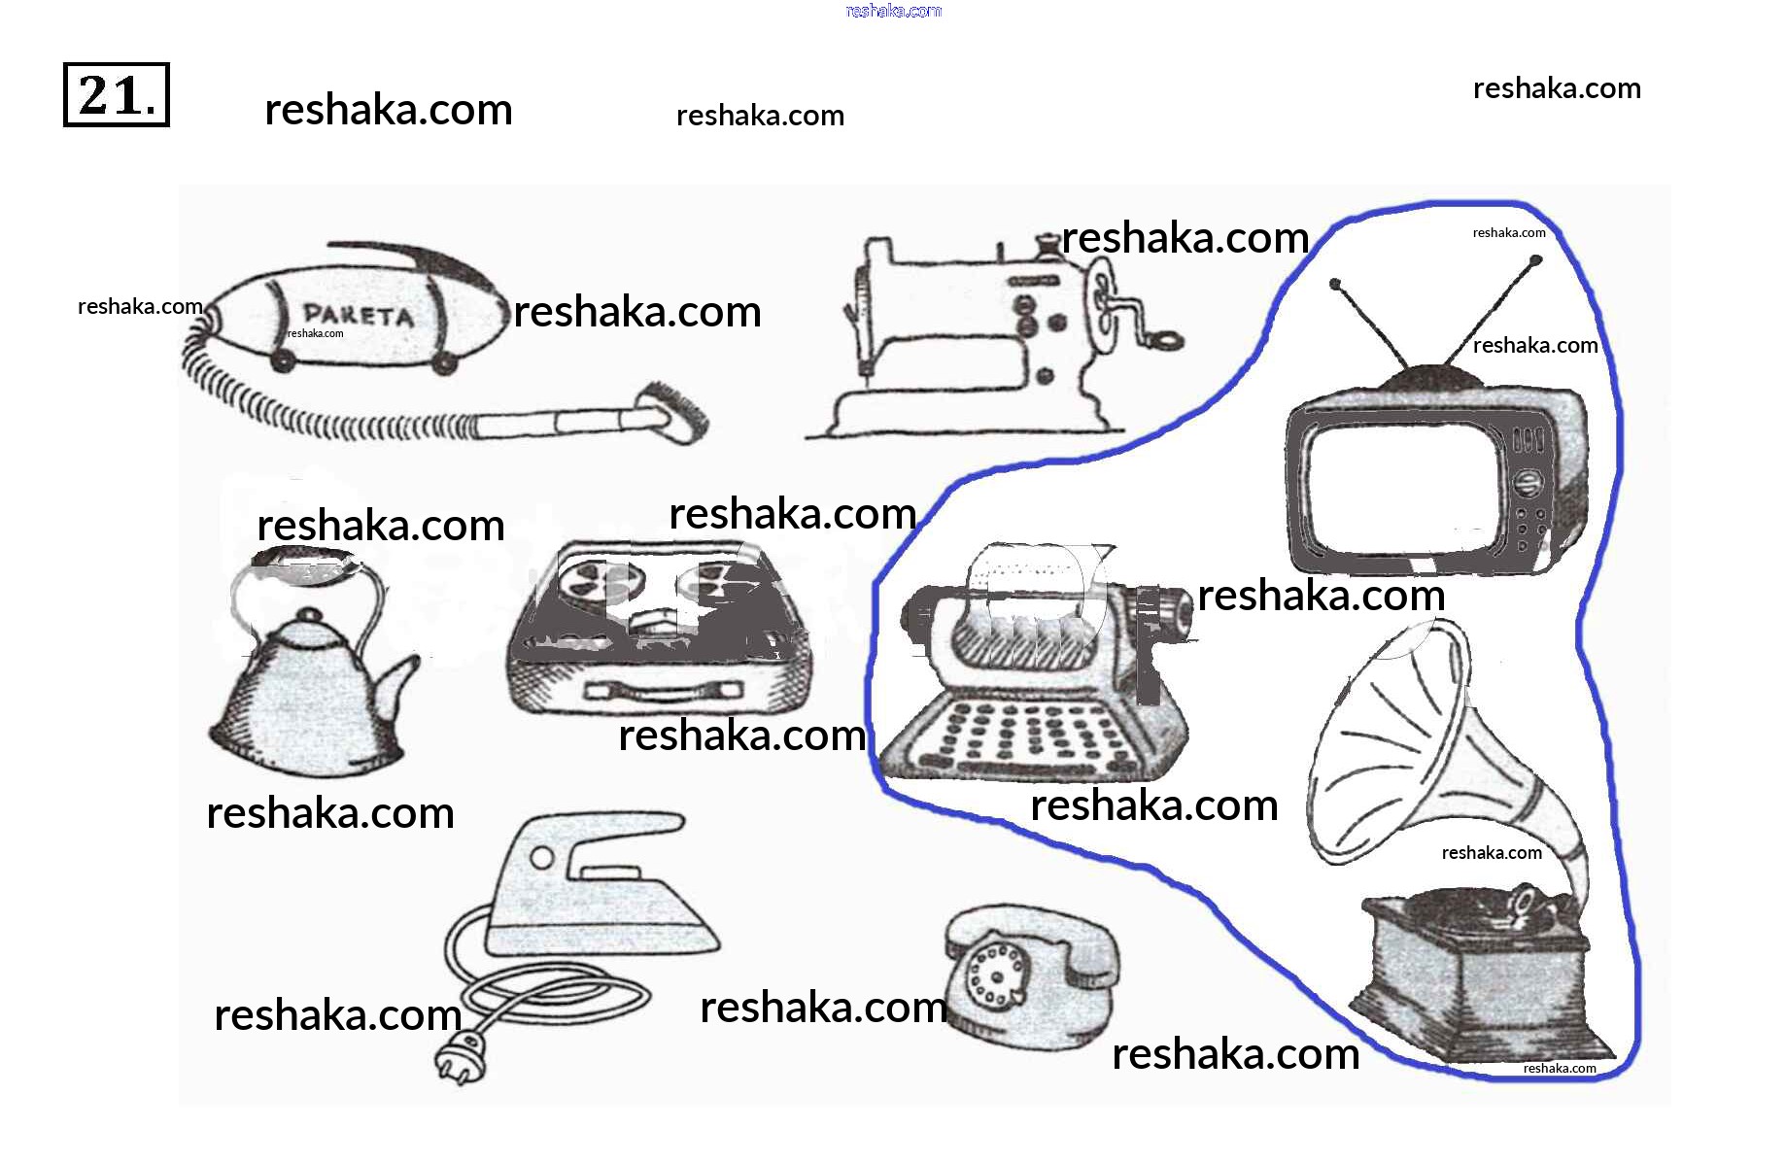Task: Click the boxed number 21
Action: click(x=116, y=95)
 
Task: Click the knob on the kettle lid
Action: click(x=309, y=615)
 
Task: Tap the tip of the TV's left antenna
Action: click(x=1336, y=285)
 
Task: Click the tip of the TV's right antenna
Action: click(x=1535, y=260)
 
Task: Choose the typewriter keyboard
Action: click(x=1030, y=734)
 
